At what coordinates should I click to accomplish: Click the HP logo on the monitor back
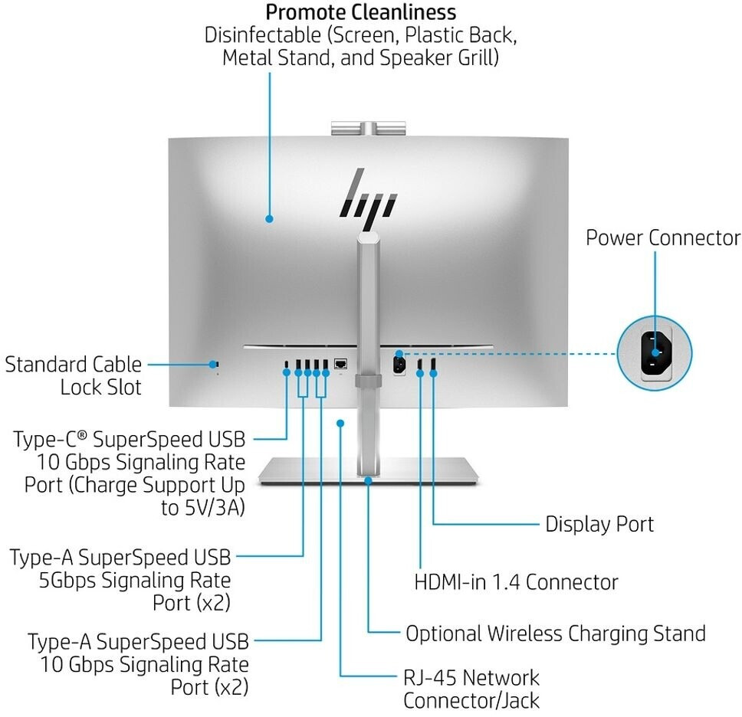(x=368, y=198)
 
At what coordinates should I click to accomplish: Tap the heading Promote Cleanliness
(x=360, y=12)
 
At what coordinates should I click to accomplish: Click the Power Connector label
(x=663, y=237)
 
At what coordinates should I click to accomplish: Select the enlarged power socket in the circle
(x=655, y=352)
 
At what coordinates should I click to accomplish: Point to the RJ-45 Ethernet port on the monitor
(x=340, y=364)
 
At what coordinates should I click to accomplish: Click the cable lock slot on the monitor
(x=216, y=364)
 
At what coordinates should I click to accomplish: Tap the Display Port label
(x=599, y=524)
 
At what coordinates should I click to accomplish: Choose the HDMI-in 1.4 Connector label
(x=516, y=581)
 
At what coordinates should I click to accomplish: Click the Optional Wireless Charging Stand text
(x=556, y=634)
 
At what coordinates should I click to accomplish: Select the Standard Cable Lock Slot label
(x=74, y=376)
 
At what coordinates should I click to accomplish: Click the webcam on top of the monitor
(x=368, y=128)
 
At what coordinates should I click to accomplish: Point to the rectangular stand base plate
(x=369, y=471)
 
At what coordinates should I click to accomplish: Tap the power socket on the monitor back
(x=399, y=365)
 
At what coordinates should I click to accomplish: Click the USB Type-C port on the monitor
(x=286, y=364)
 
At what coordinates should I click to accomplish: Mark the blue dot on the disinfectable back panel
(x=269, y=219)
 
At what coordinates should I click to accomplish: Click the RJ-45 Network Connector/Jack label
(x=471, y=689)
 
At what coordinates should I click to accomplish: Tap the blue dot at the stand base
(x=369, y=480)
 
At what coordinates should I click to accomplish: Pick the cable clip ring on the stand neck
(x=369, y=381)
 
